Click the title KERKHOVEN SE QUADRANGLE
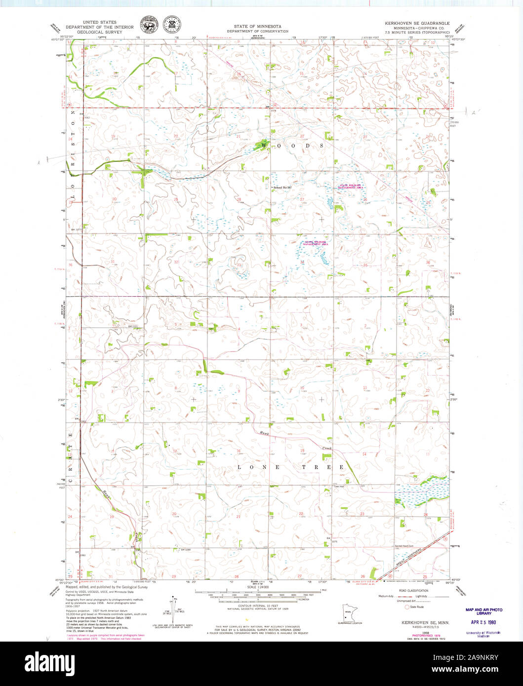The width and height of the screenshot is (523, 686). click(417, 23)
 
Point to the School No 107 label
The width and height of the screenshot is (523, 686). click(282, 188)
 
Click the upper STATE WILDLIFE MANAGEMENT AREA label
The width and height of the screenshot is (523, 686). click(351, 186)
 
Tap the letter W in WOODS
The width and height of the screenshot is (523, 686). click(264, 146)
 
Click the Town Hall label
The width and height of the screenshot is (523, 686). click(338, 487)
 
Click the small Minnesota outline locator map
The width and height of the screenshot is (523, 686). click(348, 613)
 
